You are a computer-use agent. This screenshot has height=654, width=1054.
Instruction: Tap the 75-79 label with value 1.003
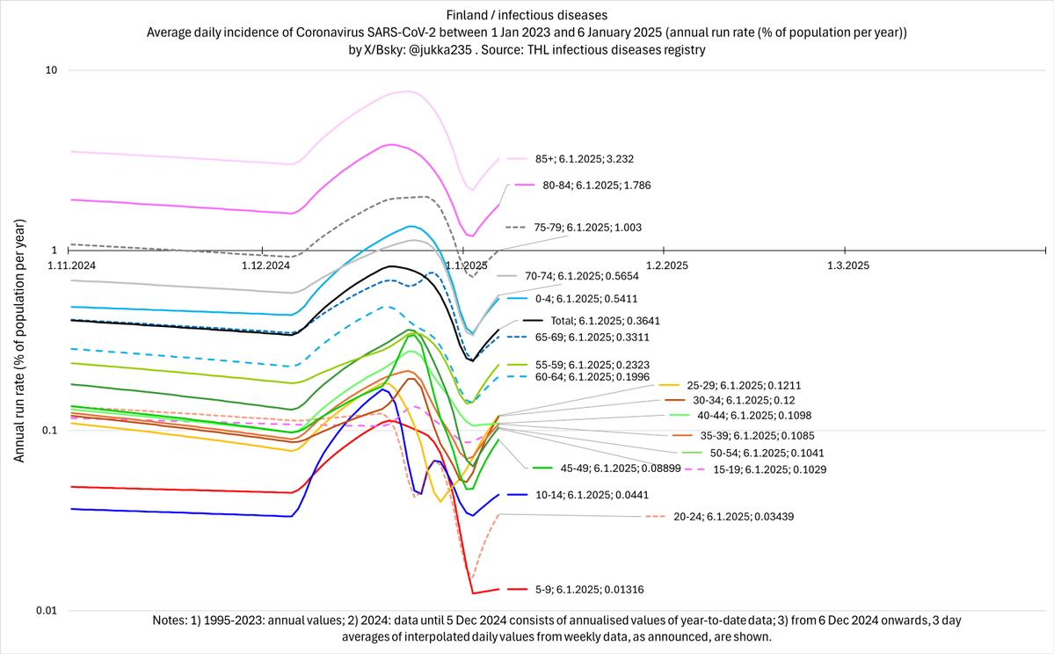coord(587,227)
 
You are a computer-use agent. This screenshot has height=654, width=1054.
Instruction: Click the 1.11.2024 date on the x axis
coord(72,264)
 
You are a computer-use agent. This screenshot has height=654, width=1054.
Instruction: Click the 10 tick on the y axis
coord(51,70)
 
